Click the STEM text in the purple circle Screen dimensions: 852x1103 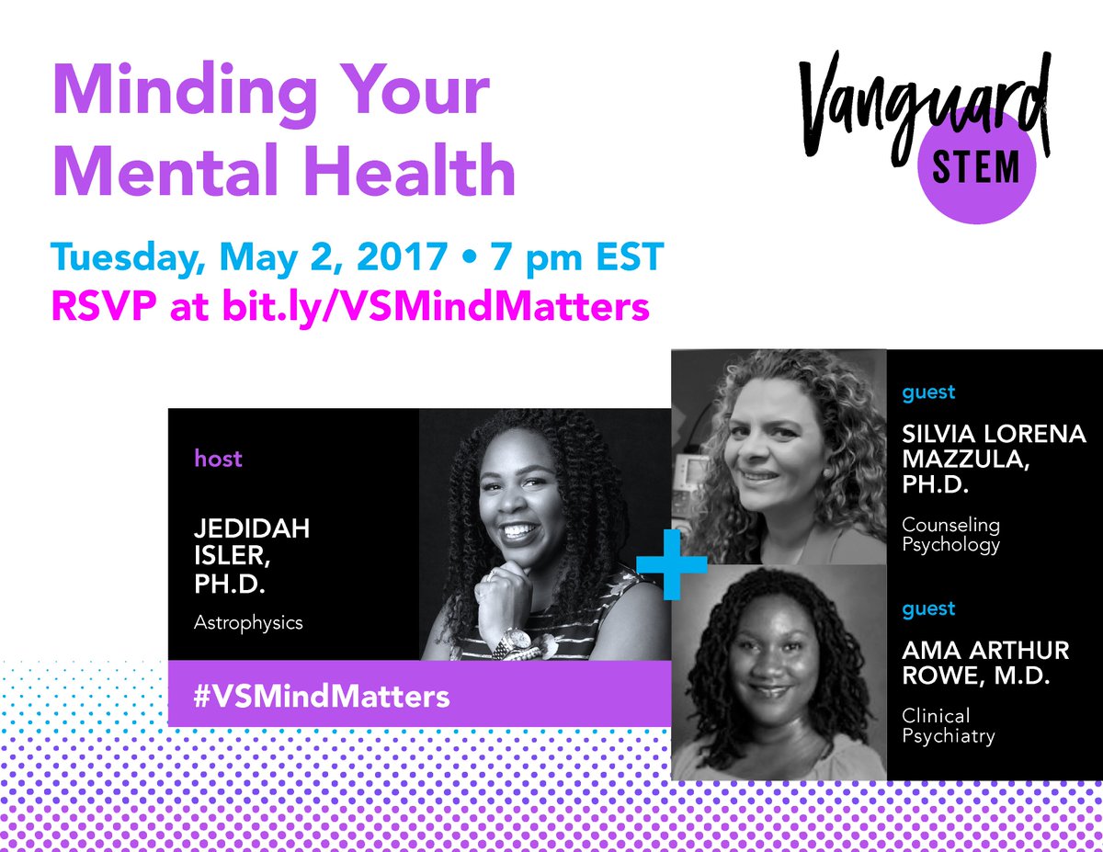pyautogui.click(x=975, y=168)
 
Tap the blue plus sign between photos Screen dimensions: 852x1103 pyautogui.click(x=672, y=560)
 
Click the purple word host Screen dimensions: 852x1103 pyautogui.click(x=218, y=458)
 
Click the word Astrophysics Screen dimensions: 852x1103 pyautogui.click(x=248, y=623)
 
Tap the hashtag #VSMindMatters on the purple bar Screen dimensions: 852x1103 pyautogui.click(x=321, y=695)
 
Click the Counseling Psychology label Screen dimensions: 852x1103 pyautogui.click(x=950, y=535)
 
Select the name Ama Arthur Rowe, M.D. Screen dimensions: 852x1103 pyautogui.click(x=985, y=663)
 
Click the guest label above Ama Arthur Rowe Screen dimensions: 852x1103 pyautogui.click(x=927, y=608)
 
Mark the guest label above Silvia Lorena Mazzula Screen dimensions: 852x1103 pyautogui.click(x=927, y=392)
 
